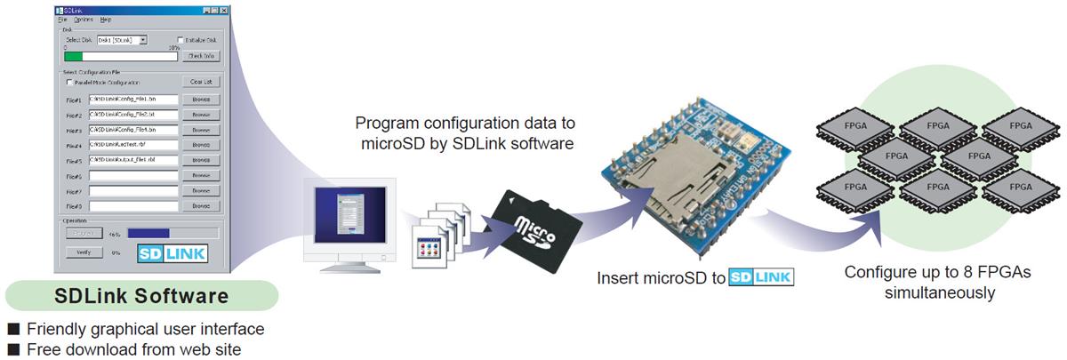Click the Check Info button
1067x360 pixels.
(x=200, y=56)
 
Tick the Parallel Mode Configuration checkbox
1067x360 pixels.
(x=69, y=83)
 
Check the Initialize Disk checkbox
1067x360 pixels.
(x=181, y=40)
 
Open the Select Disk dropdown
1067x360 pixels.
(x=143, y=40)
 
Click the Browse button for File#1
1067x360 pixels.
(x=200, y=100)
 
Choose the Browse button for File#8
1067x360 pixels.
(x=200, y=206)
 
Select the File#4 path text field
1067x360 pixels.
(x=133, y=145)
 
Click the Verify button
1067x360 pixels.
(x=81, y=252)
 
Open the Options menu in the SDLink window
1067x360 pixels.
(x=83, y=19)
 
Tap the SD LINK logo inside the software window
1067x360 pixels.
(x=172, y=253)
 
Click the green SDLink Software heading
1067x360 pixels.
(x=141, y=295)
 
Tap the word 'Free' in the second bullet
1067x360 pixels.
(x=44, y=349)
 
